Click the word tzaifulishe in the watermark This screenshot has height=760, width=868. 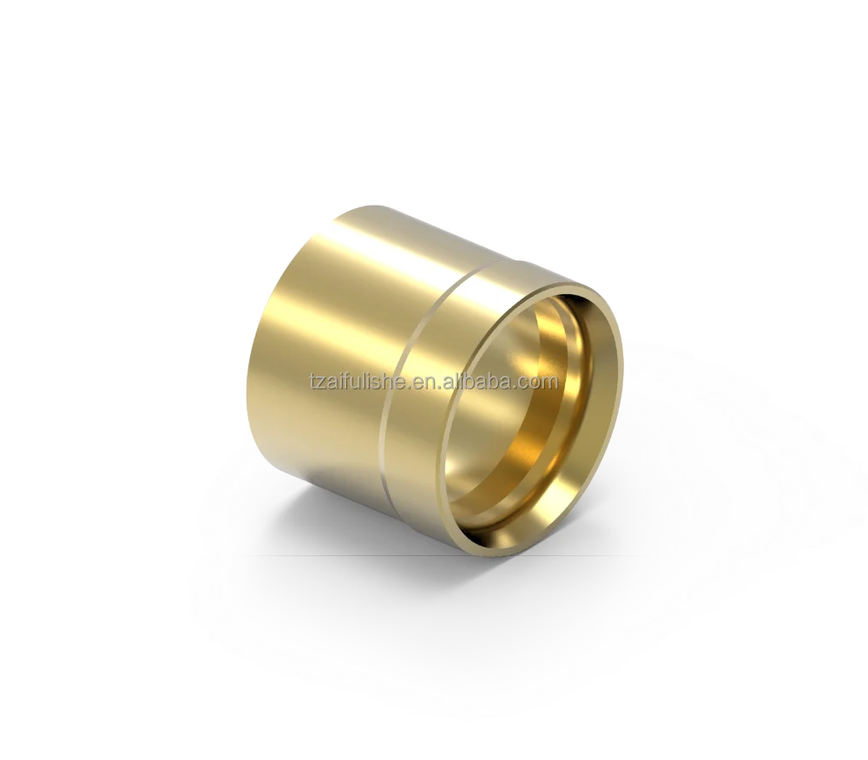tap(359, 382)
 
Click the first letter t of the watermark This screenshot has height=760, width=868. tap(312, 382)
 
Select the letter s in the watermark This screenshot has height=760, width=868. tap(379, 383)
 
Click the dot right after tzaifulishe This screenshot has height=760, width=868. tap(411, 387)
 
